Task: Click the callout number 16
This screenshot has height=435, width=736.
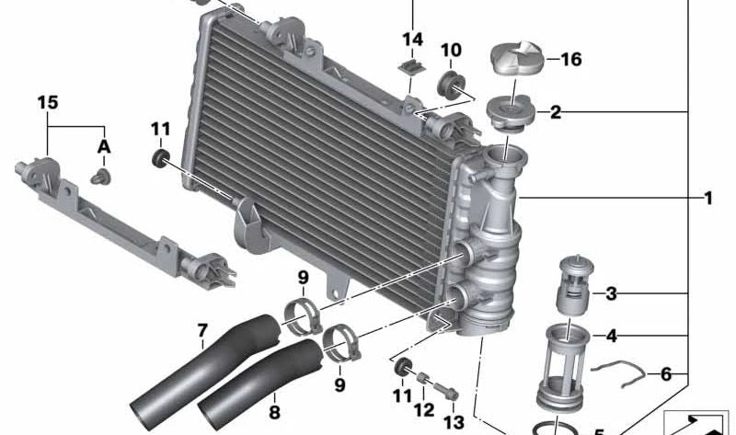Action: coord(570,60)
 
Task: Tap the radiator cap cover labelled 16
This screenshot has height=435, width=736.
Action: coord(517,58)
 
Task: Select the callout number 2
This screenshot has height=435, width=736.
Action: coord(556,112)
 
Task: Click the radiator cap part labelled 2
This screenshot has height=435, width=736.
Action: coord(511,114)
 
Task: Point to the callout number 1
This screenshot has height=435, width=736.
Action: coord(708,198)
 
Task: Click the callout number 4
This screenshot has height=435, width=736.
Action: coord(611,336)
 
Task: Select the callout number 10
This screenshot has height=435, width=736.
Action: coord(451,51)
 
